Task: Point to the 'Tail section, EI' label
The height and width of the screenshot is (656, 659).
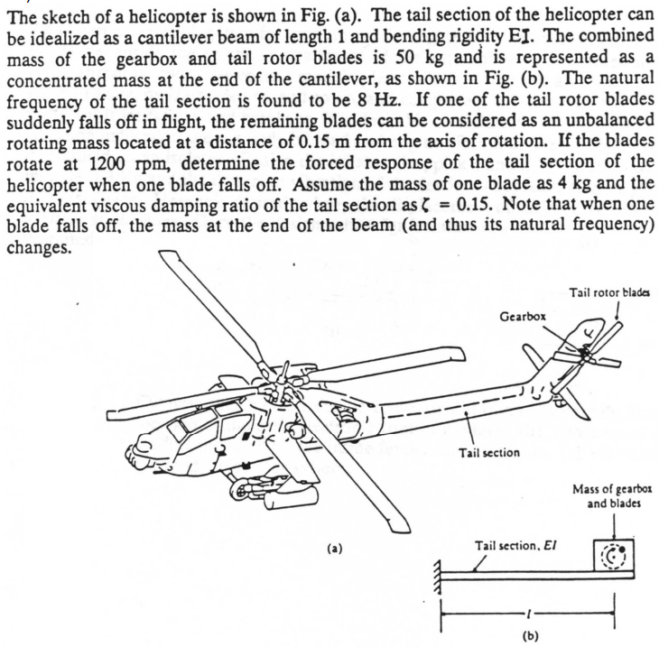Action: point(506,546)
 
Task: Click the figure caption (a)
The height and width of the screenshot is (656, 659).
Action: point(335,547)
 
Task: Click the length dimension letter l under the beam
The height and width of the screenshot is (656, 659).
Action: point(527,614)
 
